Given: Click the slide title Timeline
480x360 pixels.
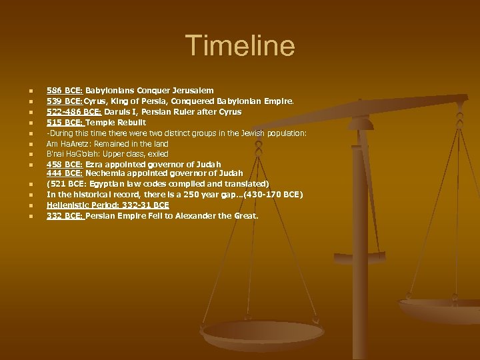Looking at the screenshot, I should click(x=239, y=46).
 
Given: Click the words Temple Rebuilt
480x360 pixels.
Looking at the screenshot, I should click(x=116, y=123).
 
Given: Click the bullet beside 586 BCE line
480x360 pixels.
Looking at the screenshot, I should click(x=23, y=91).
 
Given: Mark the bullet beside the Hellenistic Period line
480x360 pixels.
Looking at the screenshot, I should click(x=23, y=205).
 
